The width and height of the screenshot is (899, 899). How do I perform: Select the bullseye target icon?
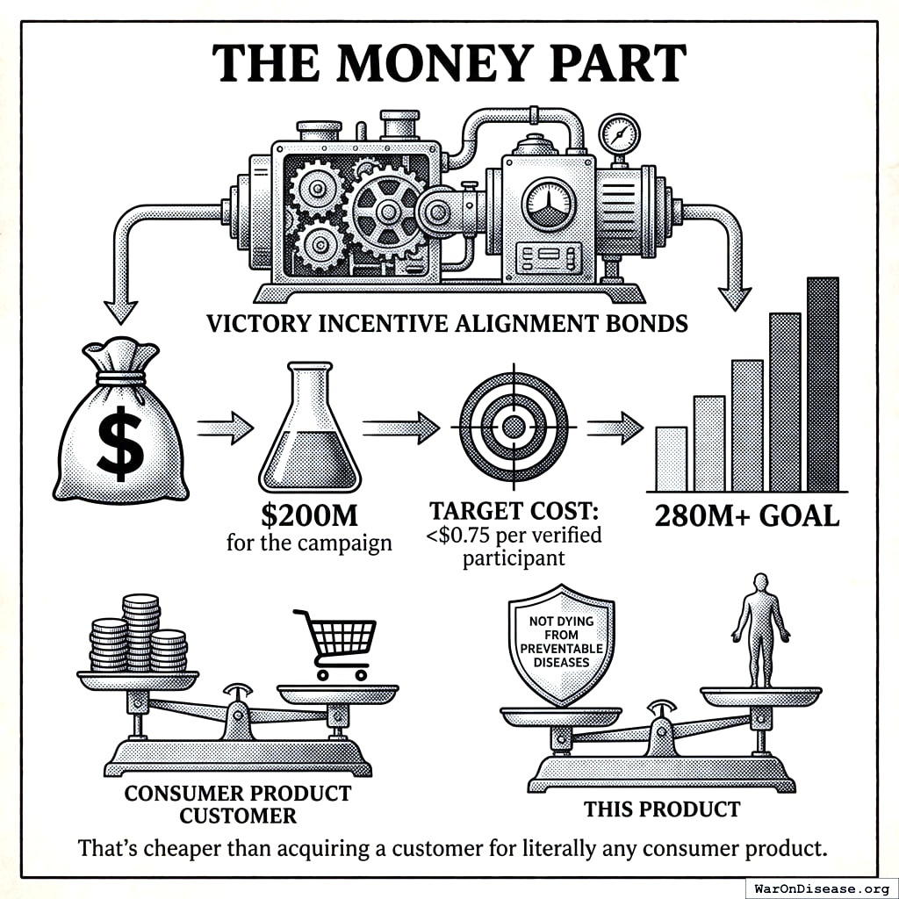tap(514, 428)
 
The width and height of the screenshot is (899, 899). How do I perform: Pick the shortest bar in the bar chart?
tap(671, 458)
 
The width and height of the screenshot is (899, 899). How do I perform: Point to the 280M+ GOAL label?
tap(747, 515)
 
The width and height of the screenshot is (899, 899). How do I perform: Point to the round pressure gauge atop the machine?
tap(619, 134)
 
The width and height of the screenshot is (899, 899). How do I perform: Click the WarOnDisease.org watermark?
tap(821, 888)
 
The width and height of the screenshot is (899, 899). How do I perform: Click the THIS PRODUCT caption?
tap(663, 809)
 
